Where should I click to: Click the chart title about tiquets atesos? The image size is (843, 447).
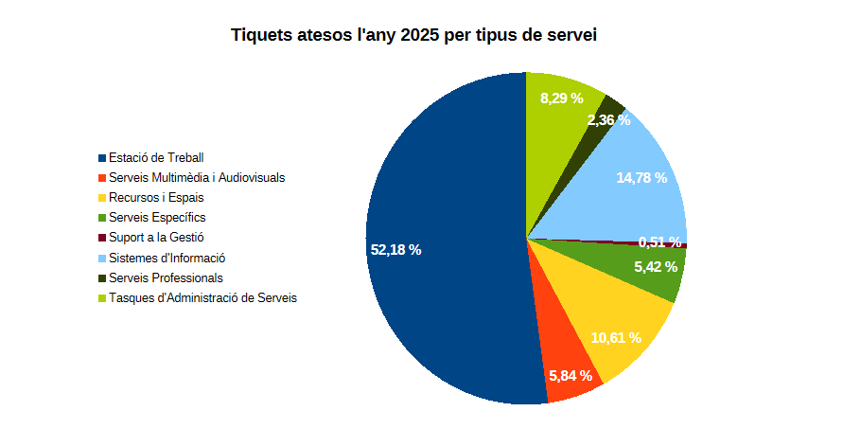413,36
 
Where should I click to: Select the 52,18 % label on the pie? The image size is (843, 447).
395,250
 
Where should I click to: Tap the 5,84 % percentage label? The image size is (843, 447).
571,376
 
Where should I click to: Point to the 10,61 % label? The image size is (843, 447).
616,338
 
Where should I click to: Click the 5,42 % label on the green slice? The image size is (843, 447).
656,267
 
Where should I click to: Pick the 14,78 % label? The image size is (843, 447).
641,178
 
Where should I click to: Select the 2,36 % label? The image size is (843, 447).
608,120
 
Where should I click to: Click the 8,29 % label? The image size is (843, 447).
561,98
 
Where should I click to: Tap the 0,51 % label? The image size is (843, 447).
659,241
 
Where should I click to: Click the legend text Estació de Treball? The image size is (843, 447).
156,157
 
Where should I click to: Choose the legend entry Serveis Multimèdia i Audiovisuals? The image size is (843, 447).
197,177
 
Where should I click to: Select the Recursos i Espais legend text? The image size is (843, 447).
156,198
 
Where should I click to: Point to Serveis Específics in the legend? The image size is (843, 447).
157,218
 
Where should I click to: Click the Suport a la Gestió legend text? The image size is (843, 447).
156,238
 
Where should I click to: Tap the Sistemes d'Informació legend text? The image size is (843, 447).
167,258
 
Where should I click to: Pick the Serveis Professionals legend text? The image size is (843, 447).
166,277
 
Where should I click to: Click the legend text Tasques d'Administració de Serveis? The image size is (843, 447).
202,297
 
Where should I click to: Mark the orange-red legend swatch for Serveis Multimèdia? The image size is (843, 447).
102,178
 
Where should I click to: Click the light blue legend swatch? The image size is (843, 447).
102,259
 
